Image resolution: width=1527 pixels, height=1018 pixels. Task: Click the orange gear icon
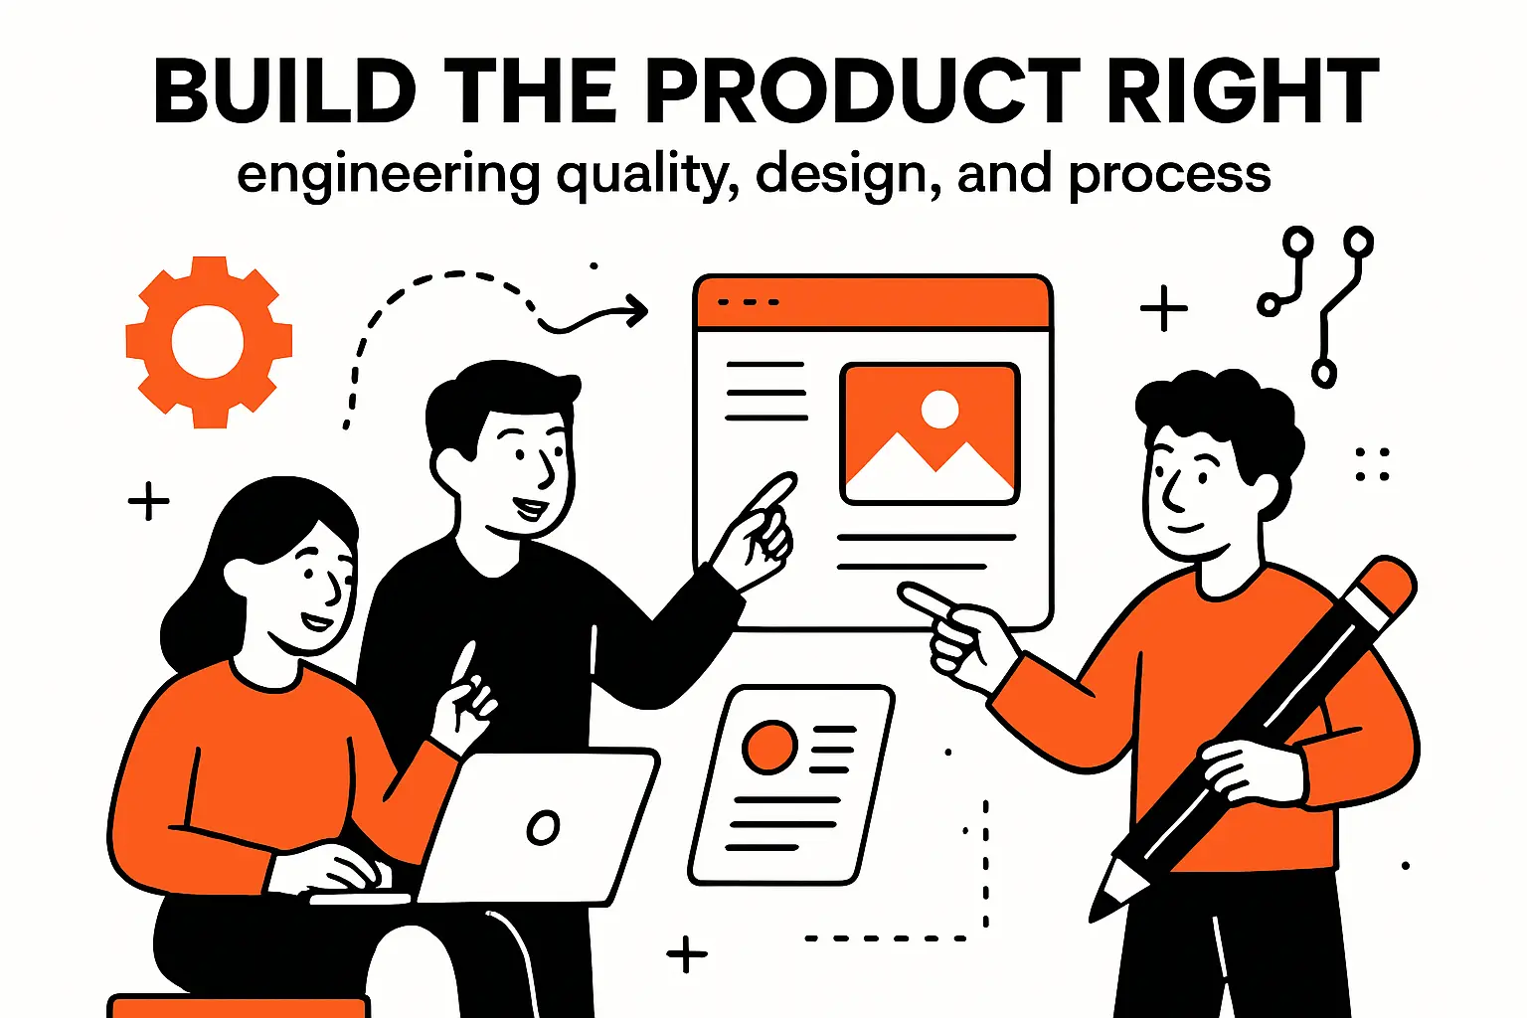coord(209,341)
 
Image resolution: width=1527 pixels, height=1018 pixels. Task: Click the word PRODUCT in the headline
coord(863,91)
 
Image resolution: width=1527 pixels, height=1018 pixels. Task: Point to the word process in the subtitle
coord(1170,176)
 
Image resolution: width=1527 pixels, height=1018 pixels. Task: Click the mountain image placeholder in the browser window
coord(930,433)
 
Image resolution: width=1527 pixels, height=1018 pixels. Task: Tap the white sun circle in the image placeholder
coord(939,408)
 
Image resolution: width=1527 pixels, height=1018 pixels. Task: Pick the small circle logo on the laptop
coord(543,827)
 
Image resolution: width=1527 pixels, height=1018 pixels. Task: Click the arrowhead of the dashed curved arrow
coord(637,311)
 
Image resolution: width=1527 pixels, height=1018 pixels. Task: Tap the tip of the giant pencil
coord(1102,907)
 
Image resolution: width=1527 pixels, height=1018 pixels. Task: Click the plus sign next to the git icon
coord(1164,309)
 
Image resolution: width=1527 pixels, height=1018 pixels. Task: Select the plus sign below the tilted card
coord(687,955)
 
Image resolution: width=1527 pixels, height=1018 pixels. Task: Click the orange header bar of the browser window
coord(873,303)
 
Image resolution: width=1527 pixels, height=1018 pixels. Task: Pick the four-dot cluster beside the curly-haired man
coord(1373,464)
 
